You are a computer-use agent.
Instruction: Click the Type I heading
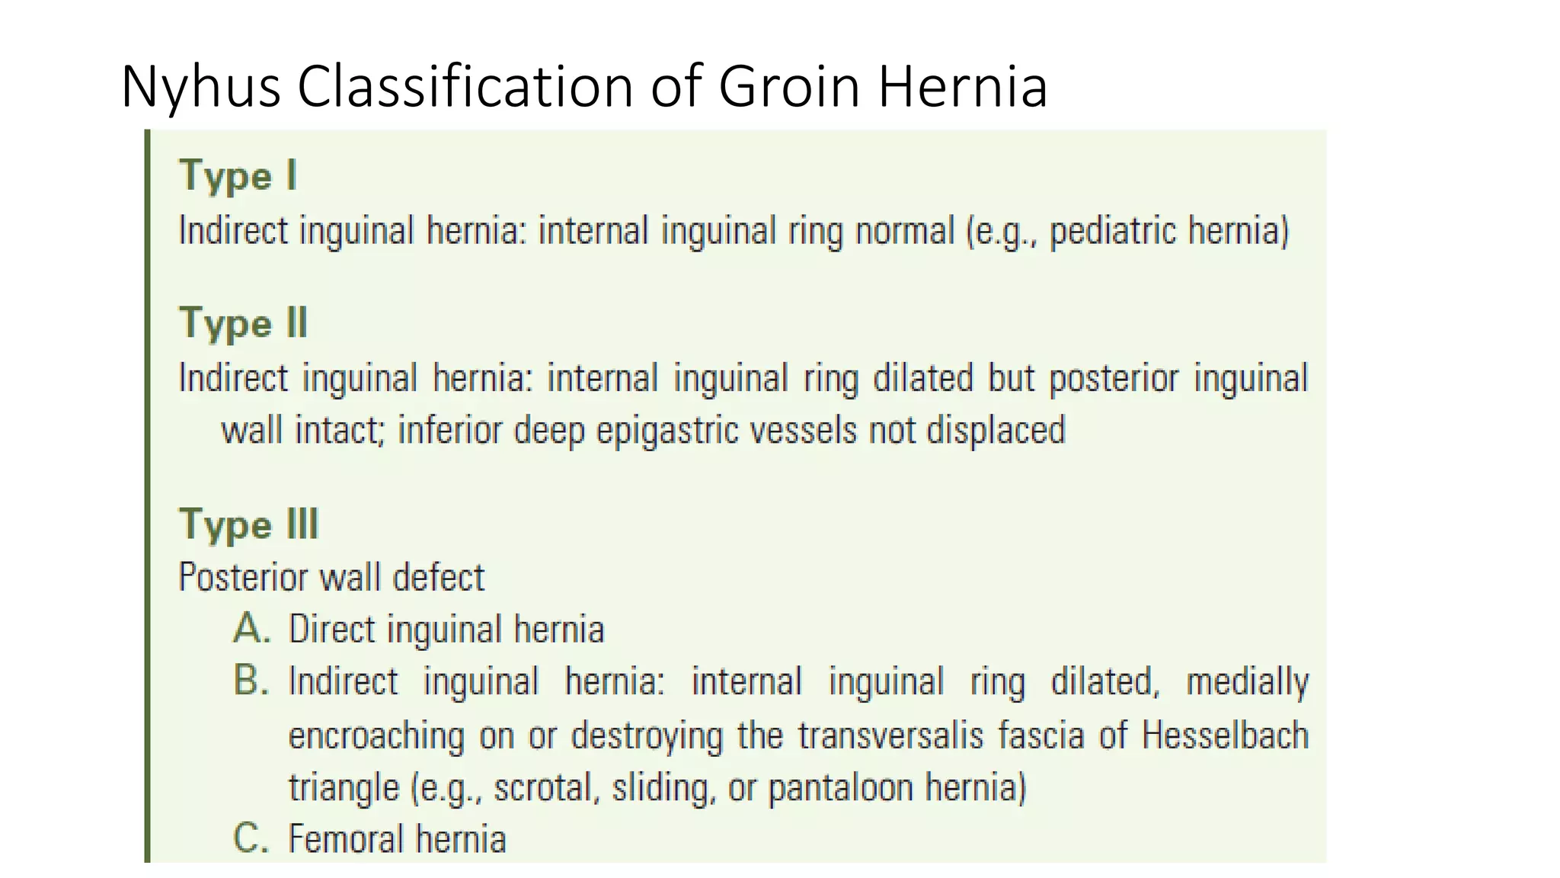point(237,177)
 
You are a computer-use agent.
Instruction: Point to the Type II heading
point(243,324)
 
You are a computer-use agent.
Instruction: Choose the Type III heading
point(248,525)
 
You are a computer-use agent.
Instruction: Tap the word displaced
point(995,430)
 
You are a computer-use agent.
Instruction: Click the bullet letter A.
point(251,630)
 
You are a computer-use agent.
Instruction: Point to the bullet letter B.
point(251,681)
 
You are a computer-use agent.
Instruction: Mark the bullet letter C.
point(251,838)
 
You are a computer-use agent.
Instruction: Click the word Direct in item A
point(332,630)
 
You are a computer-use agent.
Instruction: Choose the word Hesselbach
point(1225,736)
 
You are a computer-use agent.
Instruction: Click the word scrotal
point(543,787)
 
